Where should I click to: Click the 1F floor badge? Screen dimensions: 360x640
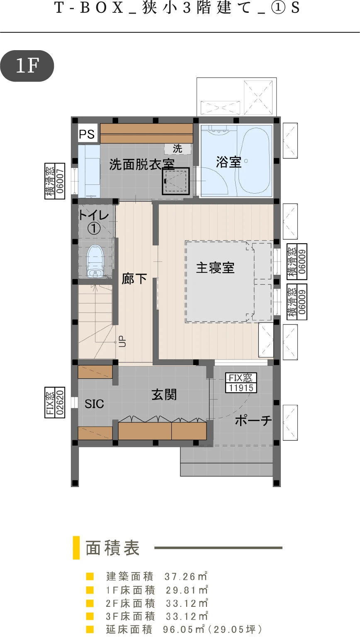click(x=27, y=66)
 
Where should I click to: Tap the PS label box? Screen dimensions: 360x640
click(x=87, y=133)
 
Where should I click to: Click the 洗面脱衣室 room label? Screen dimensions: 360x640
click(x=142, y=165)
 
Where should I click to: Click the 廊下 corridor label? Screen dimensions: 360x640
click(x=134, y=279)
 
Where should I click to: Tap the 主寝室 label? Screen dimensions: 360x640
click(x=215, y=268)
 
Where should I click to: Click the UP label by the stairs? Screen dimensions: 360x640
click(x=122, y=341)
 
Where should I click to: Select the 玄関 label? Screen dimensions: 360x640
click(x=164, y=395)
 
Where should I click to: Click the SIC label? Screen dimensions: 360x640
click(x=94, y=404)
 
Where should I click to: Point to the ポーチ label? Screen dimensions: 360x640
click(x=253, y=420)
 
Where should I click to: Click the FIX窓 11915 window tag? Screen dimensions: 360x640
click(x=241, y=383)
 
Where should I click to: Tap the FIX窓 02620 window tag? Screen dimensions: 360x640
click(x=55, y=402)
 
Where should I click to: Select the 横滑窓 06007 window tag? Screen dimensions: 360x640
click(x=55, y=181)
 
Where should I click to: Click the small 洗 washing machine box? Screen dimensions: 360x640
click(x=178, y=148)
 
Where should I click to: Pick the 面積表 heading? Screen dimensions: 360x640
click(x=113, y=548)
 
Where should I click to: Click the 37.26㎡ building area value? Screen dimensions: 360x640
click(x=186, y=576)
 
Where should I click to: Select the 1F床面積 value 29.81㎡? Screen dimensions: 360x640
click(x=187, y=590)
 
